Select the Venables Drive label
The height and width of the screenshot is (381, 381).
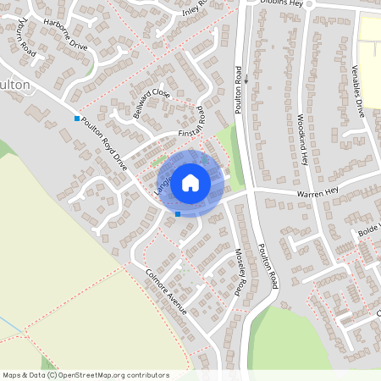click(x=358, y=89)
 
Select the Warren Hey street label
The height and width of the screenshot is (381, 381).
click(x=317, y=194)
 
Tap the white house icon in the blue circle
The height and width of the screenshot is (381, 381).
click(x=190, y=182)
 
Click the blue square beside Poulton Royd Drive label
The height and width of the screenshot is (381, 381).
click(x=77, y=119)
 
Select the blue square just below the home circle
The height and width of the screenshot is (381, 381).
click(x=177, y=214)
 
